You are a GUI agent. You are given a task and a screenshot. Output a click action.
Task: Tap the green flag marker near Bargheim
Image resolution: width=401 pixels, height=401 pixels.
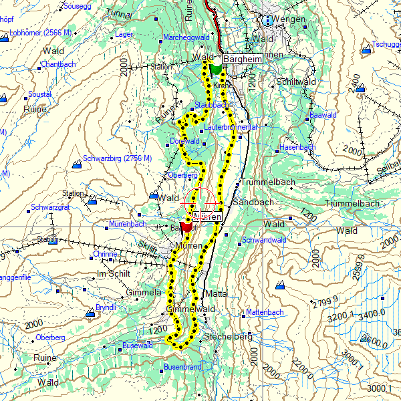(x=215, y=68)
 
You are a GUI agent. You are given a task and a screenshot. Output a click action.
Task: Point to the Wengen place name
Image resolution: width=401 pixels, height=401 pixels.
(x=289, y=20)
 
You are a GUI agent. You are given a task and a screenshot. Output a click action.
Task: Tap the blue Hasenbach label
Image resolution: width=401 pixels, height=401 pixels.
(x=297, y=146)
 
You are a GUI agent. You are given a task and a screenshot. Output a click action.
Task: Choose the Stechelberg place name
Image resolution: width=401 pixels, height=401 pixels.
(x=229, y=336)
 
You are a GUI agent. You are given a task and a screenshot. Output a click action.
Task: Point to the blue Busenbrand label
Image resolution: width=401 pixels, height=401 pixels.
(x=182, y=367)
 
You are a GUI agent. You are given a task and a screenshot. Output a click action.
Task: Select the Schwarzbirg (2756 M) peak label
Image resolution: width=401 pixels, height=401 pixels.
(x=117, y=160)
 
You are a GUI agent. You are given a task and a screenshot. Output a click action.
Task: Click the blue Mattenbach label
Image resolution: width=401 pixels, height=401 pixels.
(x=265, y=312)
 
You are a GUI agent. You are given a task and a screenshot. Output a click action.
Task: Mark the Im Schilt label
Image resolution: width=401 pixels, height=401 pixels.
(x=114, y=274)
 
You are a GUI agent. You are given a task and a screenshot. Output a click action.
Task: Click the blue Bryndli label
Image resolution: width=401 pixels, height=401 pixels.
(x=106, y=307)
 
